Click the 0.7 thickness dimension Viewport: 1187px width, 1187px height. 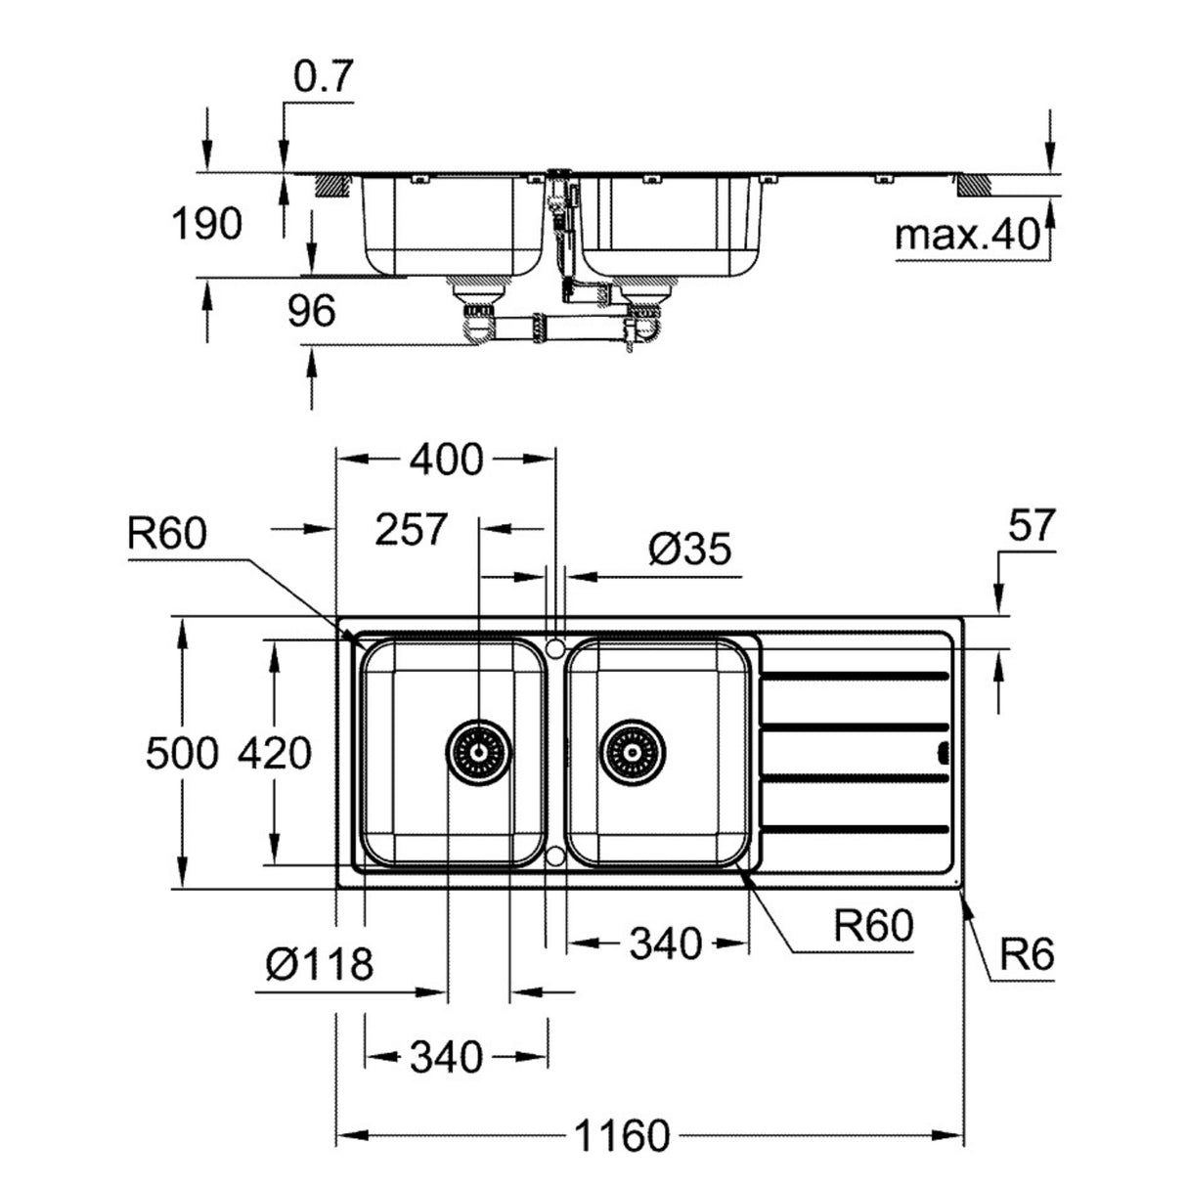coord(322,78)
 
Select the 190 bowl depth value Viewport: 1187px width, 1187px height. coord(206,224)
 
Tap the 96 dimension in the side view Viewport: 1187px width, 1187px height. coord(311,311)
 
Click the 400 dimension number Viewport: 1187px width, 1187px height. coord(446,459)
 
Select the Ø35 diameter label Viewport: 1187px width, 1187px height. coord(689,550)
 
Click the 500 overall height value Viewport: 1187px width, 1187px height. coord(181,754)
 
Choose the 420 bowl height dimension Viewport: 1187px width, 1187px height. coord(275,754)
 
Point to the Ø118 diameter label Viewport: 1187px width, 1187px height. coord(320,966)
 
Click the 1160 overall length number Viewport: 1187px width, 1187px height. coord(623,1137)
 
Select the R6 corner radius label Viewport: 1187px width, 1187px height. coord(1027,954)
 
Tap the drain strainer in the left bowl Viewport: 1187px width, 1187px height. coord(479,752)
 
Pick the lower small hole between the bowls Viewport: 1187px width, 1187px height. coord(555,857)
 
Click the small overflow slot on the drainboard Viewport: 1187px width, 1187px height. coord(944,752)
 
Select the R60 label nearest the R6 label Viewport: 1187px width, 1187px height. coord(872,924)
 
